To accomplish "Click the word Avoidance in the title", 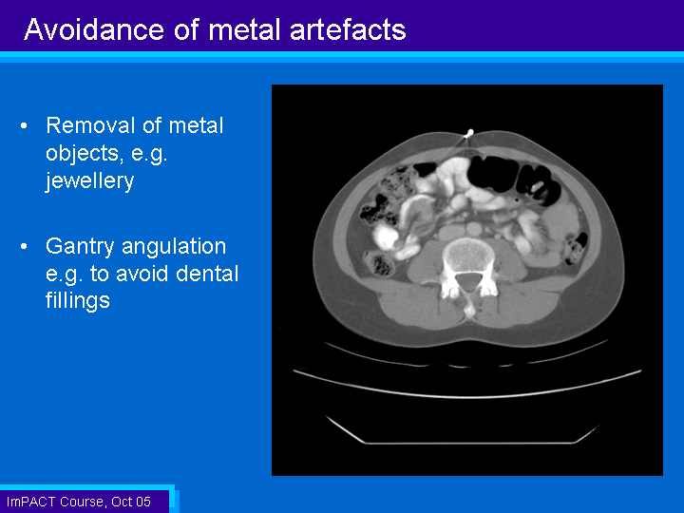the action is [94, 29].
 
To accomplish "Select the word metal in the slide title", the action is [245, 29].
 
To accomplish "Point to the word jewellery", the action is [89, 181].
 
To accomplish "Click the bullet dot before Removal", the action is [24, 126].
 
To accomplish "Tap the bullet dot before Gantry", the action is [24, 246].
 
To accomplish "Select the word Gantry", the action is [81, 247].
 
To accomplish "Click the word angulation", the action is [174, 247].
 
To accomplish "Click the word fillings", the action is [78, 301].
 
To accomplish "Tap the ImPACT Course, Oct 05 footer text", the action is [79, 502].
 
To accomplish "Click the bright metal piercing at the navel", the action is [468, 134].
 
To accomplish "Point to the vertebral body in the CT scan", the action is [468, 256].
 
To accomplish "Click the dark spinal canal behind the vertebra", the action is [468, 281].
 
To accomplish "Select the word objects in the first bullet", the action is [82, 154].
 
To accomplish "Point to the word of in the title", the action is [186, 29].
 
